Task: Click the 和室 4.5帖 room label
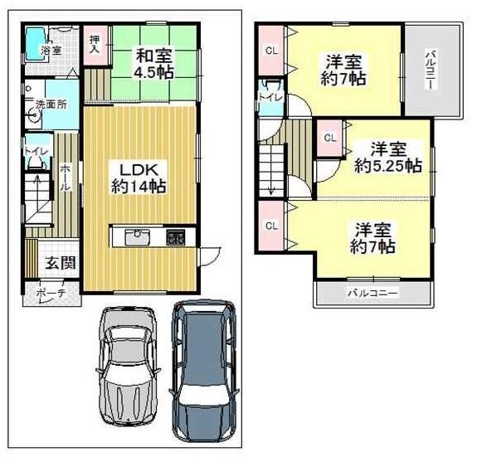point(153,64)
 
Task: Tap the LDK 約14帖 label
point(139,176)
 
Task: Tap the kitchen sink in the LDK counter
point(136,236)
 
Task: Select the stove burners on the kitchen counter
point(176,236)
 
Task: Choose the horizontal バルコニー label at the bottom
point(373,294)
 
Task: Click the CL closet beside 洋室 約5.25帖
point(329,137)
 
